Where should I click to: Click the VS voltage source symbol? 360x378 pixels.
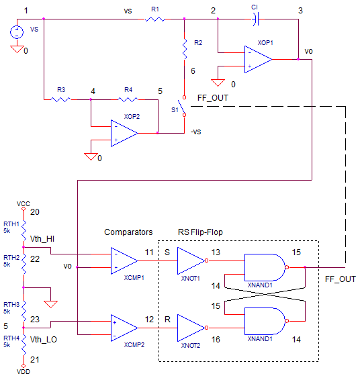pyautogui.click(x=17, y=32)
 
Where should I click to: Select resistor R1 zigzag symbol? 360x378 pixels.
pyautogui.click(x=154, y=19)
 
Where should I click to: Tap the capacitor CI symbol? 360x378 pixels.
pyautogui.click(x=255, y=19)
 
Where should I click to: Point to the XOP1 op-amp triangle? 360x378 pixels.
pyautogui.click(x=258, y=59)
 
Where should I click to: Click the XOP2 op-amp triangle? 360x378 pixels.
pyautogui.click(x=124, y=133)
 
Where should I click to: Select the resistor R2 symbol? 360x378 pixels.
pyautogui.click(x=185, y=49)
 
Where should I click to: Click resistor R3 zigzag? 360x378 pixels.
pyautogui.click(x=60, y=99)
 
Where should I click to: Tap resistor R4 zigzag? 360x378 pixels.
pyautogui.click(x=128, y=99)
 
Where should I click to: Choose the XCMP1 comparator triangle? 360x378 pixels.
pyautogui.click(x=124, y=261)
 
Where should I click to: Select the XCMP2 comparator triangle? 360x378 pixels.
pyautogui.click(x=124, y=328)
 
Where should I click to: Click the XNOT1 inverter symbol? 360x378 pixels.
pyautogui.click(x=192, y=261)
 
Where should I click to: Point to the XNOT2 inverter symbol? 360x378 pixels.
pyautogui.click(x=192, y=328)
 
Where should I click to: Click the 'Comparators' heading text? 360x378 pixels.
pyautogui.click(x=128, y=232)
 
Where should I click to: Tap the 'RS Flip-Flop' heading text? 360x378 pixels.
pyautogui.click(x=200, y=232)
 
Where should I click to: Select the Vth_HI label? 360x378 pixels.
pyautogui.click(x=42, y=239)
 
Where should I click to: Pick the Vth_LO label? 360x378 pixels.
pyautogui.click(x=44, y=340)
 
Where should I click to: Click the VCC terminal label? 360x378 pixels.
pyautogui.click(x=23, y=203)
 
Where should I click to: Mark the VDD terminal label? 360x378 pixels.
pyautogui.click(x=23, y=372)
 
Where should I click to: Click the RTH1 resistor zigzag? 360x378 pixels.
pyautogui.click(x=24, y=230)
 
